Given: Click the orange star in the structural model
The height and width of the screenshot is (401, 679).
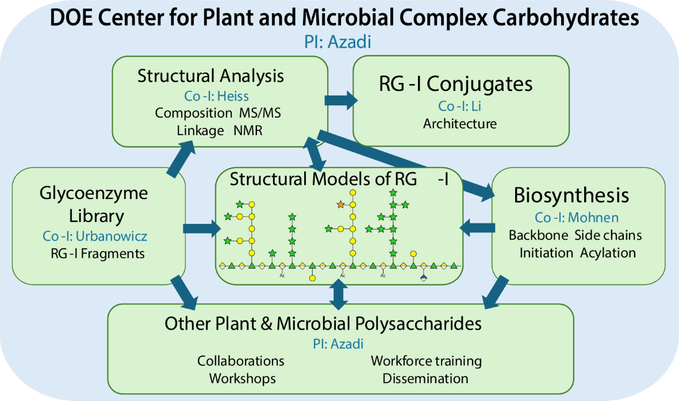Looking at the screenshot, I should pos(340,204).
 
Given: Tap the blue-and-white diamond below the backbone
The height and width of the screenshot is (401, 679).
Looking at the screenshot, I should pos(424,278).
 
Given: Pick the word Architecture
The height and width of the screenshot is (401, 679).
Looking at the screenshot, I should pos(460,123).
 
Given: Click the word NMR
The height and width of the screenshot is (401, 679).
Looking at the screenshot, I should pos(248,131).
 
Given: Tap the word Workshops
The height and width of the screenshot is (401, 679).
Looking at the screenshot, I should pos(242,378).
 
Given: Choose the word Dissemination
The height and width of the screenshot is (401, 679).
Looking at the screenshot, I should pos(425,378).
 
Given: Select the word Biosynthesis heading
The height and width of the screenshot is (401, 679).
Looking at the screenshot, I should pos(571,195).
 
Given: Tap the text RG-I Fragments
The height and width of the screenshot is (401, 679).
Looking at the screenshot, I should pos(97,253).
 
